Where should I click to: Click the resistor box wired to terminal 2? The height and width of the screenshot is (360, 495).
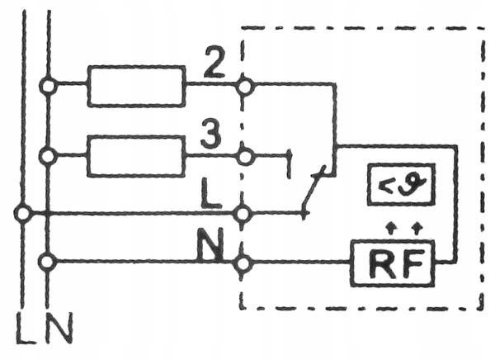tap(137, 84)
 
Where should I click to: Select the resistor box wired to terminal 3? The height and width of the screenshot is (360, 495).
tap(137, 154)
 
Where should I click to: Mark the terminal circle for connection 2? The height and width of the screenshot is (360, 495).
tap(243, 84)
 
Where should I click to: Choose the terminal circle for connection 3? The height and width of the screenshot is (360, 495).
tap(243, 154)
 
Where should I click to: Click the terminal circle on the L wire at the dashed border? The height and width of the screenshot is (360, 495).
tap(243, 214)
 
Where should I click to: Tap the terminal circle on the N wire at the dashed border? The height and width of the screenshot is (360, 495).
tap(243, 263)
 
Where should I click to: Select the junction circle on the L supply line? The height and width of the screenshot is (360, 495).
tap(25, 214)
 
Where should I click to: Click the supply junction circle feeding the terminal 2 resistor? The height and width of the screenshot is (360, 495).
tap(49, 84)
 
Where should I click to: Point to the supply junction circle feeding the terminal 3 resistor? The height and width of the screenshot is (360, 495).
tap(49, 154)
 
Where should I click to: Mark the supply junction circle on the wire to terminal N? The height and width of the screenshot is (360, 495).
tap(49, 263)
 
